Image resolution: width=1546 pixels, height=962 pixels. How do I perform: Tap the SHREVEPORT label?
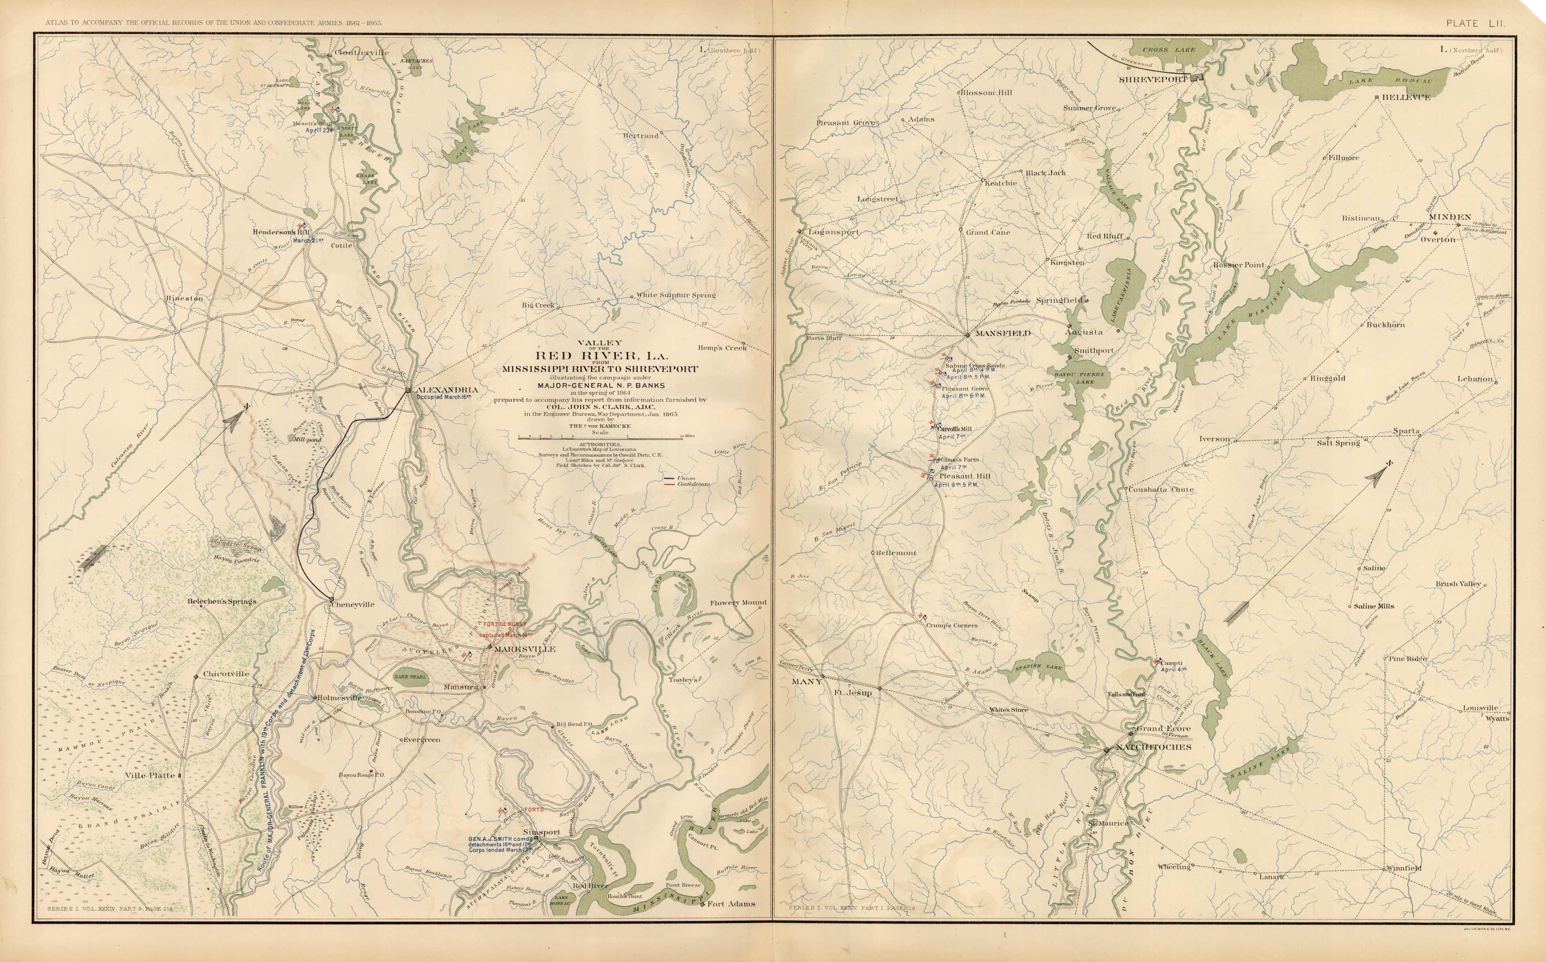(1153, 80)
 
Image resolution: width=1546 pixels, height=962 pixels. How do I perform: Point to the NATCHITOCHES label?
(1153, 747)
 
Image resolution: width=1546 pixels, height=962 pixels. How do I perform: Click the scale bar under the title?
(600, 438)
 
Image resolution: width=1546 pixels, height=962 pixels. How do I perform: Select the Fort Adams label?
(731, 903)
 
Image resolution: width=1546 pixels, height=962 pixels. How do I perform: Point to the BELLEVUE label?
(1405, 97)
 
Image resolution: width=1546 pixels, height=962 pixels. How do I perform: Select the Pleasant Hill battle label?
(965, 476)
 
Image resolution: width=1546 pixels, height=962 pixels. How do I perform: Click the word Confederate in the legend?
(693, 484)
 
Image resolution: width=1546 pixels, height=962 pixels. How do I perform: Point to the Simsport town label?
(542, 832)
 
